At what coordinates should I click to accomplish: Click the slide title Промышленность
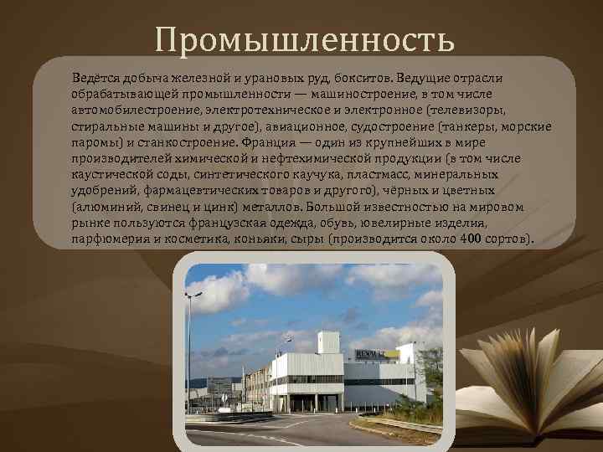pyautogui.click(x=304, y=38)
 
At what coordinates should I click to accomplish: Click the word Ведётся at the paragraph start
pyautogui.click(x=95, y=77)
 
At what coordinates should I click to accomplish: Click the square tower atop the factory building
pyautogui.click(x=329, y=342)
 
